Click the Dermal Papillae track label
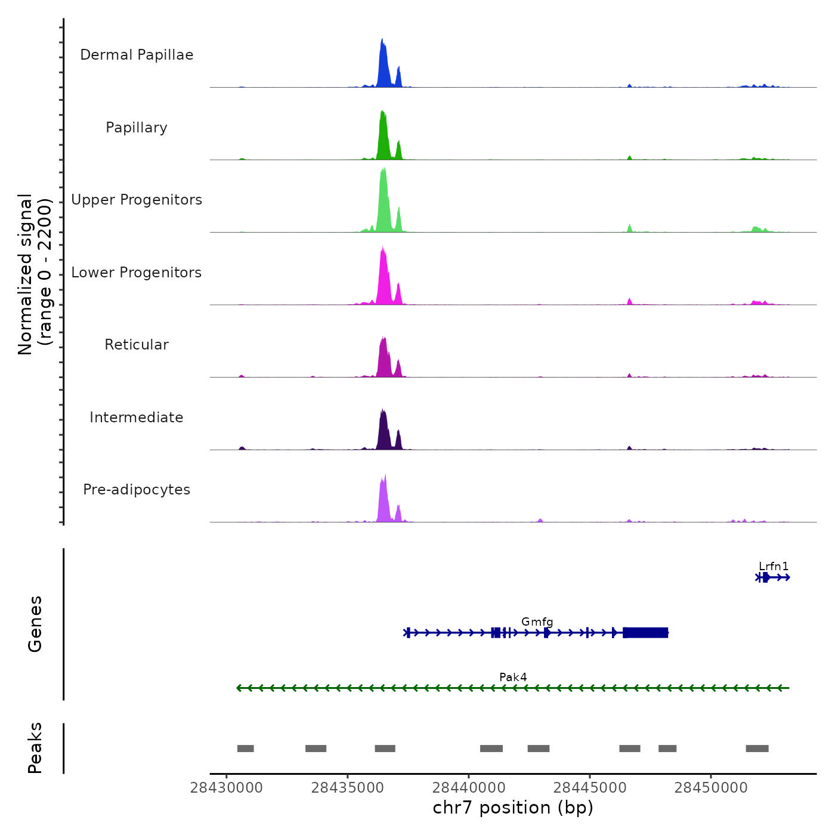pyautogui.click(x=137, y=55)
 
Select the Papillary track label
pyautogui.click(x=137, y=128)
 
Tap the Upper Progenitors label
pyautogui.click(x=137, y=200)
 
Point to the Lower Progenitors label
pyautogui.click(x=137, y=273)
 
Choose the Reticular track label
pyautogui.click(x=137, y=345)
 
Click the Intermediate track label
pyautogui.click(x=137, y=417)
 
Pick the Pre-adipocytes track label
pyautogui.click(x=137, y=490)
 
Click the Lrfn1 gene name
pyautogui.click(x=774, y=567)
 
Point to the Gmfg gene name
pyautogui.click(x=537, y=622)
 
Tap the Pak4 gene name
pyautogui.click(x=513, y=678)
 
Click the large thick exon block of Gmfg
pyautogui.click(x=645, y=633)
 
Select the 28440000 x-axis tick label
pyautogui.click(x=469, y=788)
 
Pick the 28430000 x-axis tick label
pyautogui.click(x=227, y=788)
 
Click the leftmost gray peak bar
pyautogui.click(x=246, y=749)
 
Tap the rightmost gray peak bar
pyautogui.click(x=757, y=749)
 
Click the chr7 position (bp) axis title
pyautogui.click(x=513, y=808)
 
